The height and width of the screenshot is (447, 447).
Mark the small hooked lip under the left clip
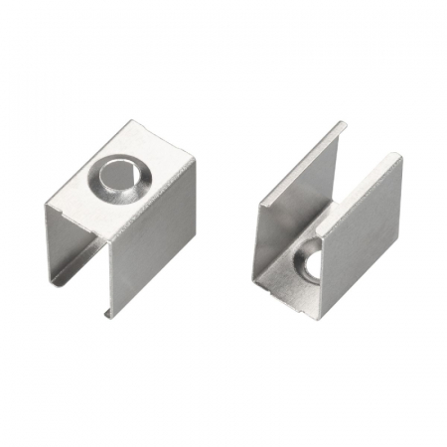107,314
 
